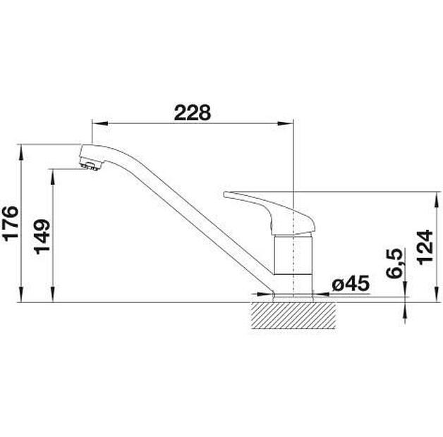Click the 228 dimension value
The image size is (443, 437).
pyautogui.click(x=193, y=112)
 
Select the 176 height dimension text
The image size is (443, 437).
pyautogui.click(x=11, y=224)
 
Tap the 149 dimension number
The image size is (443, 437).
pyautogui.click(x=42, y=237)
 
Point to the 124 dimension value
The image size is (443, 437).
pyautogui.click(x=425, y=247)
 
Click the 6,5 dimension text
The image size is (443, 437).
pyautogui.click(x=394, y=263)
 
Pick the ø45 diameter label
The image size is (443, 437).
pyautogui.click(x=351, y=283)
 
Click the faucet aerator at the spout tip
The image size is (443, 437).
pyautogui.click(x=90, y=166)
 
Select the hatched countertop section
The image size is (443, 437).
pyautogui.click(x=293, y=315)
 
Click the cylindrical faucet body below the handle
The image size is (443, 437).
pyautogui.click(x=293, y=254)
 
